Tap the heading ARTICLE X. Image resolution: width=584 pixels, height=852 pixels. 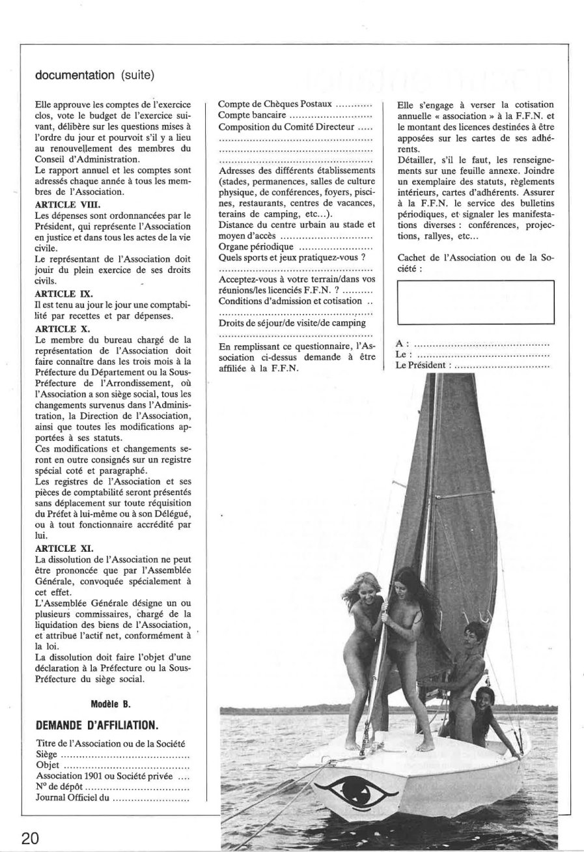pyautogui.click(x=55, y=328)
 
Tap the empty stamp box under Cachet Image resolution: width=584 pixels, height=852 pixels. pyautogui.click(x=475, y=302)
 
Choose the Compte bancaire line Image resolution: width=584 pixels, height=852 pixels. pyautogui.click(x=294, y=115)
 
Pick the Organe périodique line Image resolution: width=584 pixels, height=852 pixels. pyautogui.click(x=294, y=247)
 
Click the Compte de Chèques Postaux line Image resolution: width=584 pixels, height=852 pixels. pyautogui.click(x=294, y=104)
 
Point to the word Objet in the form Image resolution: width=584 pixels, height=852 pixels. pyautogui.click(x=49, y=766)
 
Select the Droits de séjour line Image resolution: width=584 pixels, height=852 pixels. pyautogui.click(x=292, y=323)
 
